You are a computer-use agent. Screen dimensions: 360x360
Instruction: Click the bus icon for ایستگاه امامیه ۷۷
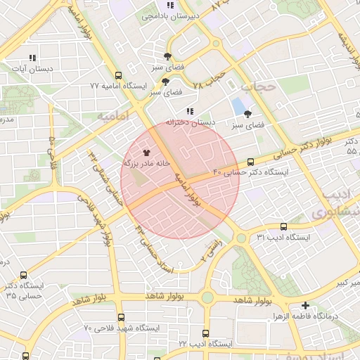(x=118, y=75)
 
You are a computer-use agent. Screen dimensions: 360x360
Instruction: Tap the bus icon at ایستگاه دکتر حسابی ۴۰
(x=251, y=162)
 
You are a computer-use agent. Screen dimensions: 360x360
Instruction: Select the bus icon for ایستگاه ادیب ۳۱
(x=283, y=226)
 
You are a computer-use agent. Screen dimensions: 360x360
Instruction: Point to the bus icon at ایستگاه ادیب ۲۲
(x=205, y=333)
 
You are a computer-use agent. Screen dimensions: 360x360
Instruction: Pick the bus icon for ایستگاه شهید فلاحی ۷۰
(x=121, y=318)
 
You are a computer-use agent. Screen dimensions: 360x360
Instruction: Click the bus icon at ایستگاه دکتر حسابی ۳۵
(x=25, y=276)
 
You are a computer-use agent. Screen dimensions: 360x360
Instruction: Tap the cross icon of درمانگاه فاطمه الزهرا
(x=305, y=305)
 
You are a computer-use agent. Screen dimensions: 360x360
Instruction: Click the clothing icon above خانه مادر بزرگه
(x=147, y=151)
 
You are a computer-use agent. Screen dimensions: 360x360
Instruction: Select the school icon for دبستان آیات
(x=31, y=58)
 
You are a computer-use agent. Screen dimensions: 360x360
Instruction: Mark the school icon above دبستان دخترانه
(x=190, y=111)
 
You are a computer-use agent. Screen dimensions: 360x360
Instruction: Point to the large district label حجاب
(x=256, y=86)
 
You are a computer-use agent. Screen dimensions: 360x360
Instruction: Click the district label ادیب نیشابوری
(x=328, y=202)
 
